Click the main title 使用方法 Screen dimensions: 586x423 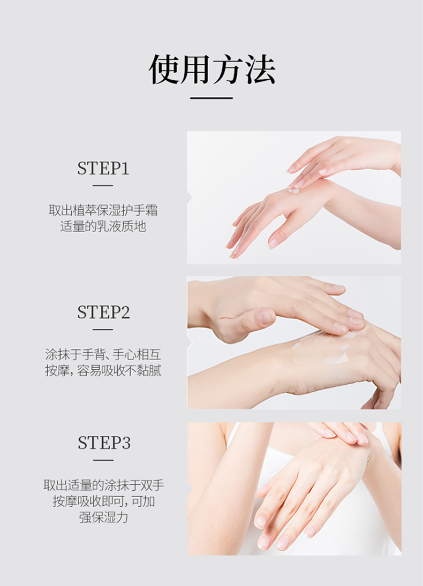pos(211,70)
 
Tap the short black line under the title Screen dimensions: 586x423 pos(211,98)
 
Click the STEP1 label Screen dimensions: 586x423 pos(103,168)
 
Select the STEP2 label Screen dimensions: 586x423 pos(103,312)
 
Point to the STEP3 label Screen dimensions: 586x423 pos(104,443)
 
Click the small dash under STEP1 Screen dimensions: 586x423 pos(103,186)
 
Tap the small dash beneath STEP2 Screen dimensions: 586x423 pos(103,330)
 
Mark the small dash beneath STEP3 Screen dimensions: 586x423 pos(103,460)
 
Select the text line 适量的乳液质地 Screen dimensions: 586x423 pos(103,226)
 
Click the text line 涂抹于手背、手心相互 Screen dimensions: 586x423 pos(103,354)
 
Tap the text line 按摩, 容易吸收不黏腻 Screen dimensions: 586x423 pos(103,370)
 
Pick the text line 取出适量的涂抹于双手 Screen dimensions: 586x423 pos(103,485)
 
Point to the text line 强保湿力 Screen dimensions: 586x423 pos(103,517)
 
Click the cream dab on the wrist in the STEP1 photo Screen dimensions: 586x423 pos(294,190)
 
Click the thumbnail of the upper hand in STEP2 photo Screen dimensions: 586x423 pos(266,317)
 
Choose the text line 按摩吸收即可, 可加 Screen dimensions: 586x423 pos(103,501)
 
